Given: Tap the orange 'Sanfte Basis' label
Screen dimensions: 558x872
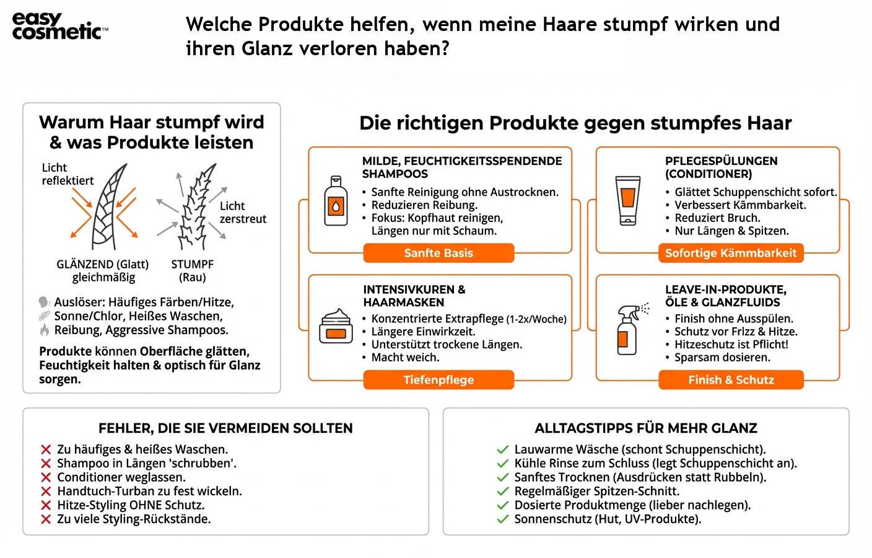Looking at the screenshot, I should tap(438, 253).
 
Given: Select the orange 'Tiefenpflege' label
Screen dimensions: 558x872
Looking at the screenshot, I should tap(438, 379).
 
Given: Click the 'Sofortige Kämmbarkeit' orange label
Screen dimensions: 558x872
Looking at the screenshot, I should tap(731, 253).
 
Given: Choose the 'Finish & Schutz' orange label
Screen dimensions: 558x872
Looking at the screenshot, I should tap(731, 379).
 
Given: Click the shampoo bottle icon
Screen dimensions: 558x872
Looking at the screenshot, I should tap(336, 201).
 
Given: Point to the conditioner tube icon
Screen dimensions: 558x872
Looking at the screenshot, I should tap(628, 200).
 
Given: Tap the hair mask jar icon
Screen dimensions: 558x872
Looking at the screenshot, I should tap(336, 327).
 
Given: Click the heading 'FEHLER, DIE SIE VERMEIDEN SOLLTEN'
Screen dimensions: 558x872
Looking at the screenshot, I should tap(225, 428).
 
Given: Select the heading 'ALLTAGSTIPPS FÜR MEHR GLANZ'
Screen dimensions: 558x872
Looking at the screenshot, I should tap(646, 428).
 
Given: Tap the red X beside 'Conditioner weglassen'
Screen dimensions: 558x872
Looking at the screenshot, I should tap(46, 477).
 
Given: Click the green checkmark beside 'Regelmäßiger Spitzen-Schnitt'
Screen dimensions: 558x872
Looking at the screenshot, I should tap(502, 492).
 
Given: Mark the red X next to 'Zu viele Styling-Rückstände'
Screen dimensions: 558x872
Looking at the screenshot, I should tap(46, 520).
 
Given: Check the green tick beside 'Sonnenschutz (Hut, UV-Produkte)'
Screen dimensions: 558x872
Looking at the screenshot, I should tap(502, 520).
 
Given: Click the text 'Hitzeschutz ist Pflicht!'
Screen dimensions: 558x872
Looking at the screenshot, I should tap(731, 344).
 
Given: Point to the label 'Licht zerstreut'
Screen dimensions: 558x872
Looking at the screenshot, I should tap(243, 213).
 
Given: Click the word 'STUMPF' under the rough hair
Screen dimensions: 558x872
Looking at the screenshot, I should tap(192, 264).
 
